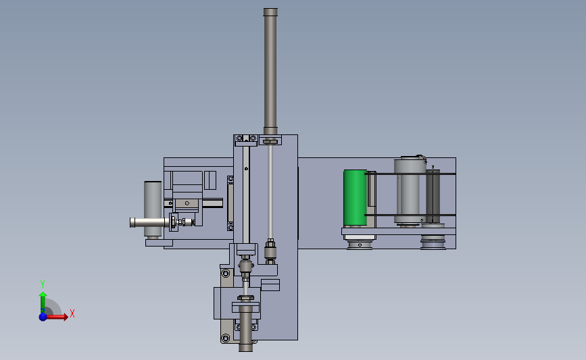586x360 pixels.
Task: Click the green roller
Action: tap(355, 198)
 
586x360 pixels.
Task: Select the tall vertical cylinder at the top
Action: tap(270, 71)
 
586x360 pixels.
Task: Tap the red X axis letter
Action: tap(72, 313)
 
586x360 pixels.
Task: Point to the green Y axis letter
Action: tap(43, 284)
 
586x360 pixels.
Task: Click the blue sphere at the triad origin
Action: tap(43, 317)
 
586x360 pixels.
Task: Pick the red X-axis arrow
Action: tap(56, 317)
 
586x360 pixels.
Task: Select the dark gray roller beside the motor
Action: tap(433, 196)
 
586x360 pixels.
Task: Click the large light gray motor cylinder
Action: tap(410, 190)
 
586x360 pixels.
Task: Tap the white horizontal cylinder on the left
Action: tap(149, 223)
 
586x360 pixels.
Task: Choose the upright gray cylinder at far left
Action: tap(153, 209)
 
